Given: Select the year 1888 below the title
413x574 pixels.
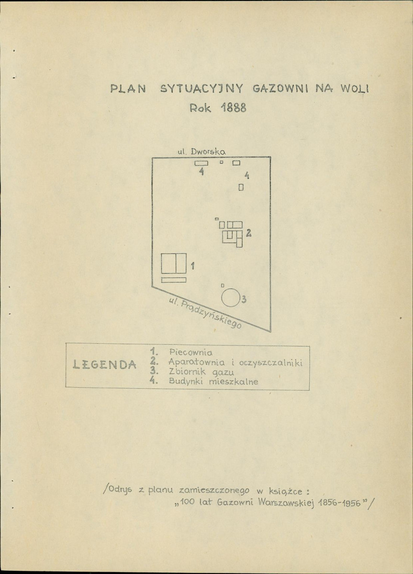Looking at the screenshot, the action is (x=234, y=107).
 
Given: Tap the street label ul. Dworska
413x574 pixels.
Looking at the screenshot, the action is (x=201, y=151).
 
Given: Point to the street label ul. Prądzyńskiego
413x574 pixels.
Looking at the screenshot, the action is (x=205, y=313).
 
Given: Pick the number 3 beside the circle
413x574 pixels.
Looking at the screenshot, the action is (x=244, y=299).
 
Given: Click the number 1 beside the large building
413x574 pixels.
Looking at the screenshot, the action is (x=192, y=266).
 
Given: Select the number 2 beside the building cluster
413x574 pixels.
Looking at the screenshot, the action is (x=249, y=233).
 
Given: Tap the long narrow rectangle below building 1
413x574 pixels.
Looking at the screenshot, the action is (x=174, y=280).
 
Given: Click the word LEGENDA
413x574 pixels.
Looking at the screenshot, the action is (x=105, y=364).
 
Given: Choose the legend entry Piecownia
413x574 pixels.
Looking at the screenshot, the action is (x=190, y=352).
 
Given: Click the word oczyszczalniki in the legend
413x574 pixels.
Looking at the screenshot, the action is (x=271, y=363).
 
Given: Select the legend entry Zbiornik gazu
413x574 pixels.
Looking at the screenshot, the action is (x=201, y=372).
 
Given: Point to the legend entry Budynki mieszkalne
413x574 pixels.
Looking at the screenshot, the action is (x=213, y=382).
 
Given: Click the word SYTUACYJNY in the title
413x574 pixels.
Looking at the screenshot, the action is (x=201, y=88).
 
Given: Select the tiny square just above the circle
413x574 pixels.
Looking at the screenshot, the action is (x=223, y=285).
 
